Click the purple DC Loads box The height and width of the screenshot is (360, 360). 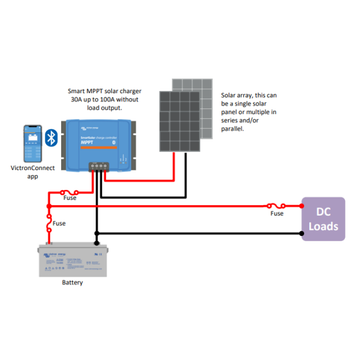pos(323,219)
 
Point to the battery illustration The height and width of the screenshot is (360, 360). pos(73,260)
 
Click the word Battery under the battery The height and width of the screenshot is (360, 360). pos(72,283)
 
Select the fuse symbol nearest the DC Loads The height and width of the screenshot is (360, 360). pos(275,205)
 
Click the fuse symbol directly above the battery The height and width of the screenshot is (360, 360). pos(49,224)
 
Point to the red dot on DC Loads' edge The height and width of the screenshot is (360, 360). pos(302,205)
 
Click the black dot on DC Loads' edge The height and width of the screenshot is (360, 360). pos(302,234)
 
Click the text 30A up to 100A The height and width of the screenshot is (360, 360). pos(100,99)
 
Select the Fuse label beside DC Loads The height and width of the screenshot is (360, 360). pos(277,214)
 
